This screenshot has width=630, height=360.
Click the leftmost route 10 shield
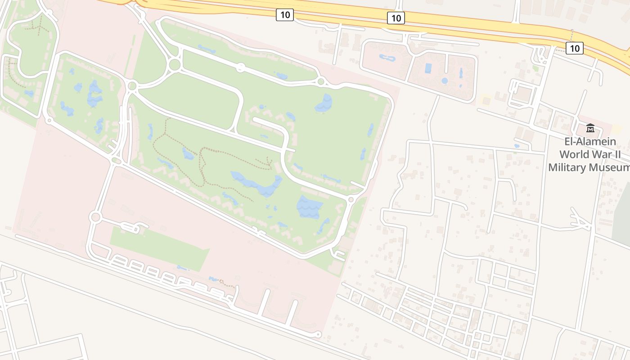(x=285, y=15)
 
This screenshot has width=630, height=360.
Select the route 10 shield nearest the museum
(x=574, y=48)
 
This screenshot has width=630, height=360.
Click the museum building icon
(x=590, y=128)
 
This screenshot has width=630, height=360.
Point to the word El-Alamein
(x=590, y=142)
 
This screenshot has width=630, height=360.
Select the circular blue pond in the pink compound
(x=445, y=81)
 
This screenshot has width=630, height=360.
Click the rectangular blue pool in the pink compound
(x=428, y=68)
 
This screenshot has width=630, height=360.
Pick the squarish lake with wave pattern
(x=310, y=207)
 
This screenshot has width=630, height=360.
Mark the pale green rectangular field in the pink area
(x=160, y=248)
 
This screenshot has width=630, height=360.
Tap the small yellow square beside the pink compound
(x=485, y=100)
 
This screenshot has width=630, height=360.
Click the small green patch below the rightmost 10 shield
(x=535, y=68)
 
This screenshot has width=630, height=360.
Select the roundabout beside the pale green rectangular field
(x=95, y=218)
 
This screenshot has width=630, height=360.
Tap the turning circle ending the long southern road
(x=318, y=334)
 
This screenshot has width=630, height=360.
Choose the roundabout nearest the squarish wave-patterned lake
(x=351, y=199)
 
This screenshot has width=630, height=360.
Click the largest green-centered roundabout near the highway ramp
(x=175, y=65)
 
